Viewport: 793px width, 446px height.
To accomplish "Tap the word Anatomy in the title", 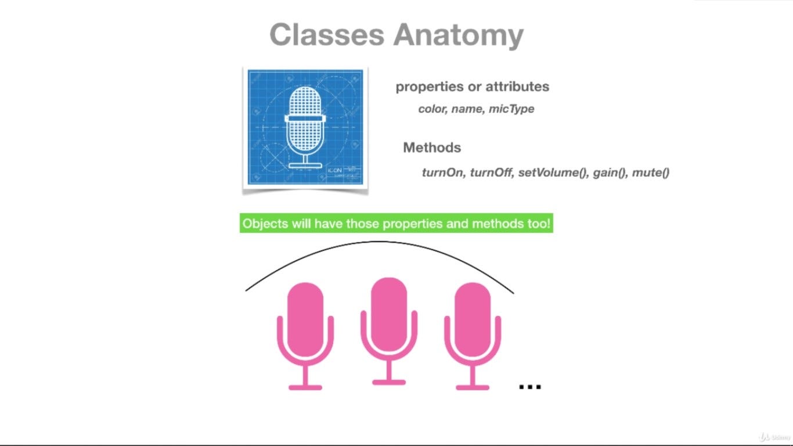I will (459, 36).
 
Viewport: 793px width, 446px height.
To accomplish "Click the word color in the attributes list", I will (432, 109).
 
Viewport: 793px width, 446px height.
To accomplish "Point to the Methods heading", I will (432, 148).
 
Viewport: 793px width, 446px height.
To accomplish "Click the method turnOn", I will (442, 172).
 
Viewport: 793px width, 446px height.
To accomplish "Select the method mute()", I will (651, 172).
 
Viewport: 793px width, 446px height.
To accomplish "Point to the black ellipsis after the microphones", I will (529, 386).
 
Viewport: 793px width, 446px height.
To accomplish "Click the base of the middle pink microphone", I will (388, 382).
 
